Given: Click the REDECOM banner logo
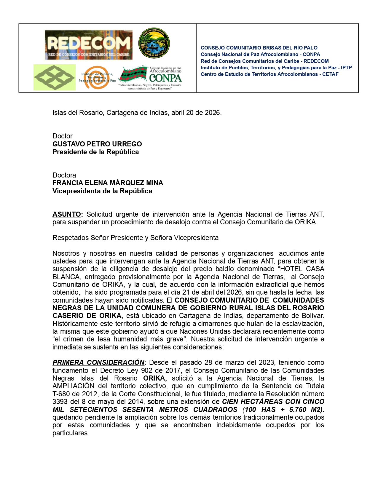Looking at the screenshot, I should pyautogui.click(x=89, y=45).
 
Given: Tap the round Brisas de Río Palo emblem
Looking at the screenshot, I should pyautogui.click(x=154, y=43).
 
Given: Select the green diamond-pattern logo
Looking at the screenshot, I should pyautogui.click(x=55, y=77).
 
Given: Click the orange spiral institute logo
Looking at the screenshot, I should pyautogui.click(x=97, y=77).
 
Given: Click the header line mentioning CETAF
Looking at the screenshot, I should pyautogui.click(x=269, y=74).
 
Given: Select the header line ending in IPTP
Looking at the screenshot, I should pyautogui.click(x=276, y=68).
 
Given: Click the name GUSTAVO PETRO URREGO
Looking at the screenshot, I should pyautogui.click(x=97, y=144).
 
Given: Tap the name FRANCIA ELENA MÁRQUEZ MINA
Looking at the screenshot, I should pyautogui.click(x=108, y=183).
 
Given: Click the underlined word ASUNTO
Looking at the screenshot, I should pyautogui.click(x=67, y=214).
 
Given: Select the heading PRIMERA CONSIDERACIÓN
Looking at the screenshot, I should pyautogui.click(x=98, y=362).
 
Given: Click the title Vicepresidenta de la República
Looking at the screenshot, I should pyautogui.click(x=102, y=191).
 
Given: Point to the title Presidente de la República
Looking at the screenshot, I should pyautogui.click(x=95, y=152).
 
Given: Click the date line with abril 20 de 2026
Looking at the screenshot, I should pyautogui.click(x=137, y=113).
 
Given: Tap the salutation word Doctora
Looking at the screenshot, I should pyautogui.click(x=64, y=175).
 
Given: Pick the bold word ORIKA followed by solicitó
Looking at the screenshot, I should pyautogui.click(x=155, y=378).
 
